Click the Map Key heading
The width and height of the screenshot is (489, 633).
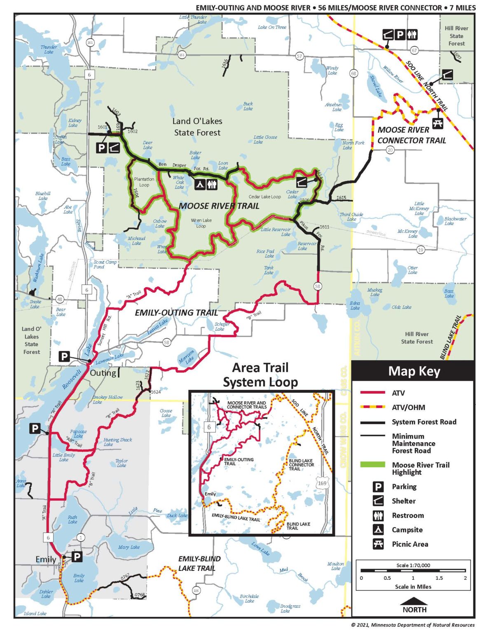414,371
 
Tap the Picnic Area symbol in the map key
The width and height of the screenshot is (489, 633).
378,544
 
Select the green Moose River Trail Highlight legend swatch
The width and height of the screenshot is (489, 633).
372,465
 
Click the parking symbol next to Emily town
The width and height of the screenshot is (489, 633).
77,557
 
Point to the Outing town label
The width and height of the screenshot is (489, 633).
103,373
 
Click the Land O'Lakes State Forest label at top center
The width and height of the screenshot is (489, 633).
197,127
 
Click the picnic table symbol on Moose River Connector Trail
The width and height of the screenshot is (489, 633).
438,123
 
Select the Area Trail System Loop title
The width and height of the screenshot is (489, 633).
260,375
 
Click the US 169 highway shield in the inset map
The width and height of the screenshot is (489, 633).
322,483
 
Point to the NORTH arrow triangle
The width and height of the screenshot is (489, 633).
414,601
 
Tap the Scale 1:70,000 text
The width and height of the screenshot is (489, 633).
413,565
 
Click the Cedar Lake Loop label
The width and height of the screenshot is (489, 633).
264,197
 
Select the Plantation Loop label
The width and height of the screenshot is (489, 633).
144,182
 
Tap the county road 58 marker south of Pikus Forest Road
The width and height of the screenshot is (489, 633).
317,286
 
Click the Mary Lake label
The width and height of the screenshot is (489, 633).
129,547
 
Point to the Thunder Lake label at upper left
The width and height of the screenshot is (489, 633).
49,49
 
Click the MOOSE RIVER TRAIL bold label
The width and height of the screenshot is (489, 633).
219,206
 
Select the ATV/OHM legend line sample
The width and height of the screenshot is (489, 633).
372,407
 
